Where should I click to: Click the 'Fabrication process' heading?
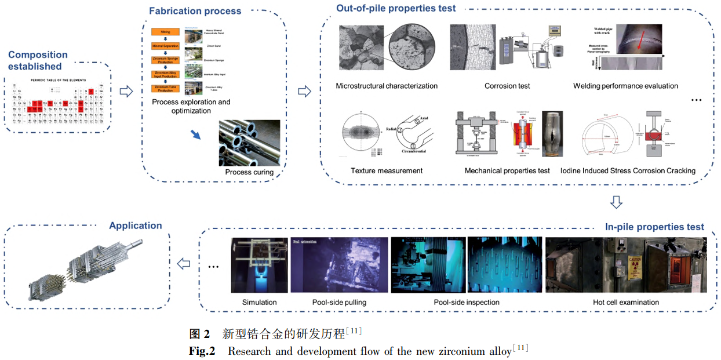point(195,11)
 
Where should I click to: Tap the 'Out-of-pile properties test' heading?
point(396,8)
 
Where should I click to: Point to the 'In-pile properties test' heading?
point(654,227)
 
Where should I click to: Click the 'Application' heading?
point(136,226)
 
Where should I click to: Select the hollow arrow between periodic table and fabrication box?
point(125,91)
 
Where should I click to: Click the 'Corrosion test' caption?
point(507,86)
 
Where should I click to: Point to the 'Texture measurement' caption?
point(387,170)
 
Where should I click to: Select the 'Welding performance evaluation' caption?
point(625,86)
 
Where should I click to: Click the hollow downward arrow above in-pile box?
point(617,202)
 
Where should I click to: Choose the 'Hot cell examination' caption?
point(626,302)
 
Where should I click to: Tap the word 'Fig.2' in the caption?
point(202,351)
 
